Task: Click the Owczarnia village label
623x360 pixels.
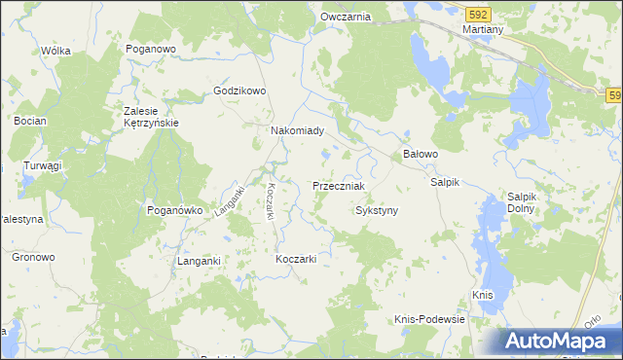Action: click(346, 18)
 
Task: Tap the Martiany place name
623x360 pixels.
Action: click(483, 30)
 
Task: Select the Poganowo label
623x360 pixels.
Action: click(151, 48)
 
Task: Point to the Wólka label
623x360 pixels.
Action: click(56, 51)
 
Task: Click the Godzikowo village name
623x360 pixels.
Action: click(239, 91)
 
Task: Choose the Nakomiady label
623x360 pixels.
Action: click(303, 129)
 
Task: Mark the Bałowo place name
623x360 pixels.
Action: click(421, 155)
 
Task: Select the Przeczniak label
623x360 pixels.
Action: click(339, 186)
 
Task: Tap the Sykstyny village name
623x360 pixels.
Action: click(377, 210)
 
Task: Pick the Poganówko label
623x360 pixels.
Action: click(173, 209)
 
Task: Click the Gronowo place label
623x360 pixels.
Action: click(33, 257)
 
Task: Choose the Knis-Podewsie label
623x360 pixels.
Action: click(430, 319)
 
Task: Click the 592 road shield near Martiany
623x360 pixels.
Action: click(477, 15)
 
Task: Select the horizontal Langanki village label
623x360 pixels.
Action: click(201, 261)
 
